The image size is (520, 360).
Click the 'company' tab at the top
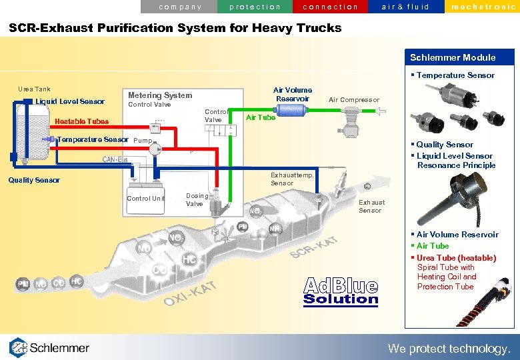(x=180, y=7)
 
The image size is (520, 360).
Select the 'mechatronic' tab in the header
(x=482, y=7)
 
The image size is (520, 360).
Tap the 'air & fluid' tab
(x=405, y=7)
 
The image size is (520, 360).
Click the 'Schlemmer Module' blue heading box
(x=453, y=57)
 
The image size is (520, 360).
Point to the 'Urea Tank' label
(x=34, y=89)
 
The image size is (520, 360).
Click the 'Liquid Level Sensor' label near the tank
(x=70, y=101)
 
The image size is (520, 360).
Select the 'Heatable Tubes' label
(x=81, y=121)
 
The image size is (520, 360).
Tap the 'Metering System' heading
(x=160, y=95)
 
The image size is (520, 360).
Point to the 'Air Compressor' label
(x=354, y=100)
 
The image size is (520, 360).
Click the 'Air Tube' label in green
(x=261, y=117)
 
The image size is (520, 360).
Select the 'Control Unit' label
(x=145, y=199)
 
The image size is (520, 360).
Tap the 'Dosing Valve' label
(x=196, y=200)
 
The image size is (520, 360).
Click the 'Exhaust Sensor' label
(x=371, y=206)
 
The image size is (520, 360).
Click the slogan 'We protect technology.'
(x=449, y=348)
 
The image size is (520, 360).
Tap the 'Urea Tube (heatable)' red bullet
(x=456, y=258)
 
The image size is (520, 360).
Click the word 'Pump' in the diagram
(x=143, y=141)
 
